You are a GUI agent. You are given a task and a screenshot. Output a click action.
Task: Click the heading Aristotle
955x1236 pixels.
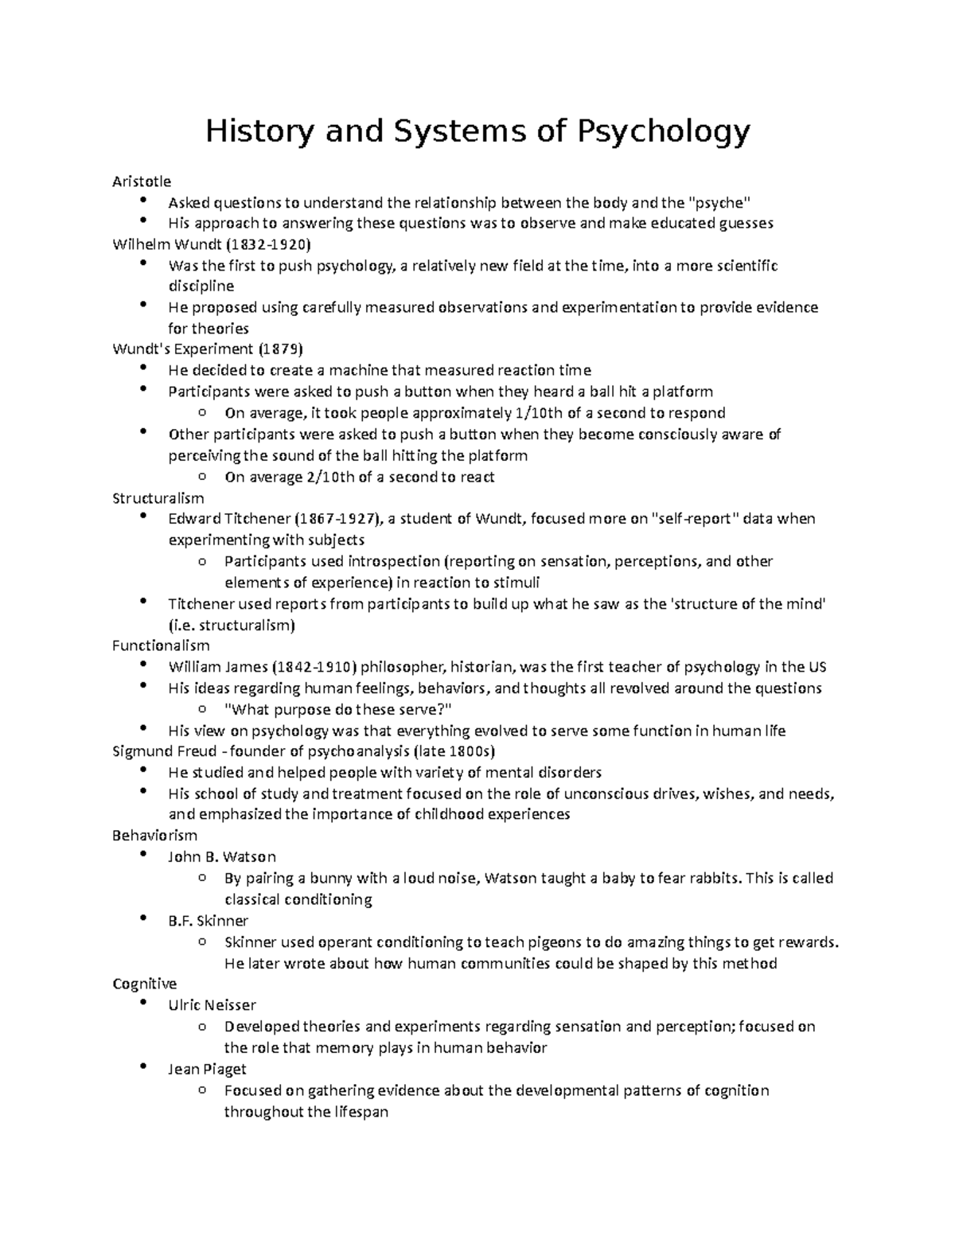pyautogui.click(x=142, y=181)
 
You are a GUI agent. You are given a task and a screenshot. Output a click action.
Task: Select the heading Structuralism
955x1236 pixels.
pyautogui.click(x=158, y=498)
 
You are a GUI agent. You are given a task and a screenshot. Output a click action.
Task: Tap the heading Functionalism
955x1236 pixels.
pyautogui.click(x=162, y=645)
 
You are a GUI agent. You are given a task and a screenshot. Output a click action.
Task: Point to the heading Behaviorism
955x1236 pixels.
pyautogui.click(x=154, y=836)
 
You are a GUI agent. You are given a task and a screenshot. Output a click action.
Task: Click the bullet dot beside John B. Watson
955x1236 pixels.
pyautogui.click(x=142, y=855)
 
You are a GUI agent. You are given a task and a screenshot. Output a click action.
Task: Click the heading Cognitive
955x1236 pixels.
pyautogui.click(x=145, y=985)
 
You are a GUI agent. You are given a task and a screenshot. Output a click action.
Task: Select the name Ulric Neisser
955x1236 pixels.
pyautogui.click(x=212, y=1005)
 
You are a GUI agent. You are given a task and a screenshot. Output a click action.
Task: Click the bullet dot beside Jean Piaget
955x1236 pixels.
pyautogui.click(x=142, y=1067)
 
